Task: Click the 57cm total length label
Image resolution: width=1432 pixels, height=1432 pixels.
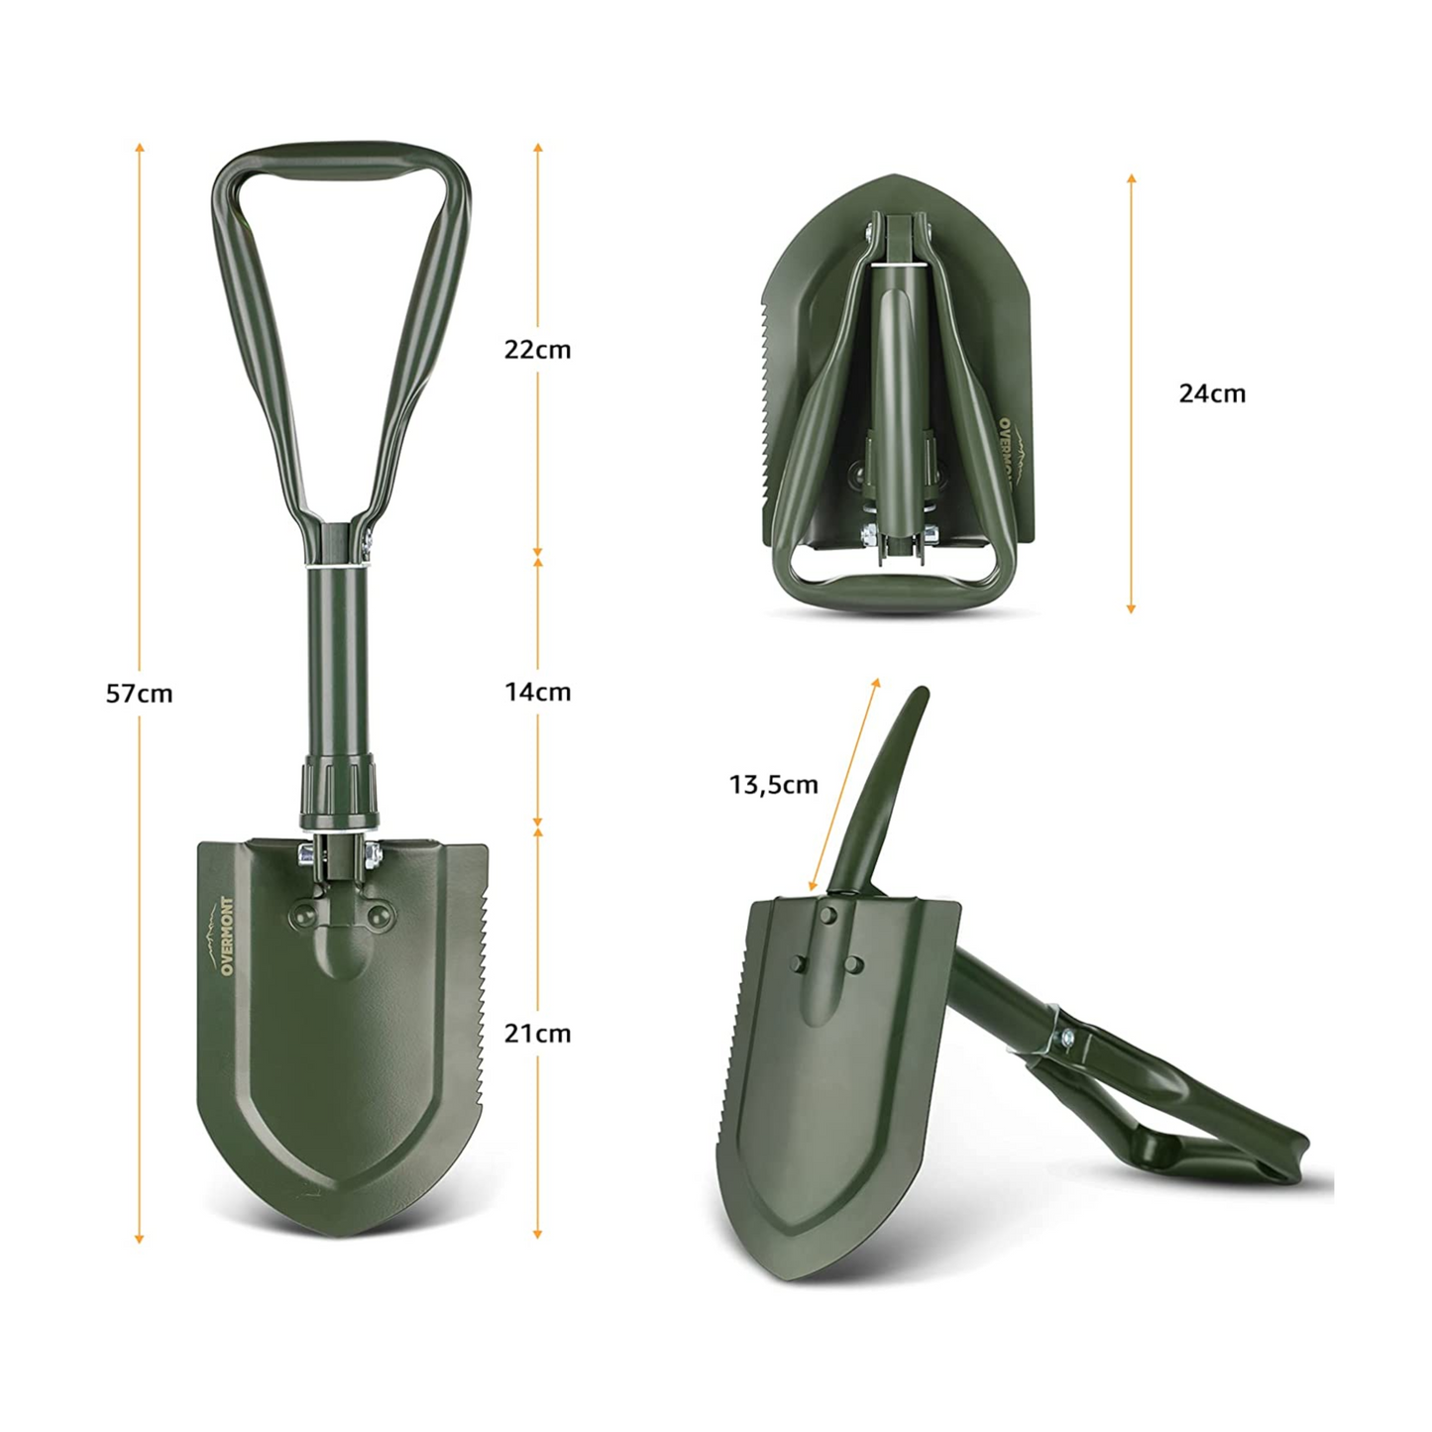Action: pos(140,694)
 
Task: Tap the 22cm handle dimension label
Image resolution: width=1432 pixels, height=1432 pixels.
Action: pos(537,350)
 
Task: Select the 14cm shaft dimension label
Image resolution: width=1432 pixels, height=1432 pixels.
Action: pos(537,692)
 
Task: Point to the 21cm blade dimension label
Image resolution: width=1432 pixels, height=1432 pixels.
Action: pos(537,1034)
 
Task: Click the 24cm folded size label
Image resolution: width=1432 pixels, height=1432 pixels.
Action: pos(1211,393)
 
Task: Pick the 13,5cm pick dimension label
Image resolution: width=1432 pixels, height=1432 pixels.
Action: pos(774,785)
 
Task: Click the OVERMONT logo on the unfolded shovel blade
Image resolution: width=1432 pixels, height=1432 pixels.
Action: pos(227,936)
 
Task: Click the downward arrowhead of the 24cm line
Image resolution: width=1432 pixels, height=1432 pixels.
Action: pos(1131,607)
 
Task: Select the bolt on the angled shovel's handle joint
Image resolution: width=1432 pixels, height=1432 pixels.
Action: pos(1068,1038)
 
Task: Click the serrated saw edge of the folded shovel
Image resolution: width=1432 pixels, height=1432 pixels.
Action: pos(768,396)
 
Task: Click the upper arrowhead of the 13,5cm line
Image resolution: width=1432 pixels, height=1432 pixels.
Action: pos(875,683)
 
